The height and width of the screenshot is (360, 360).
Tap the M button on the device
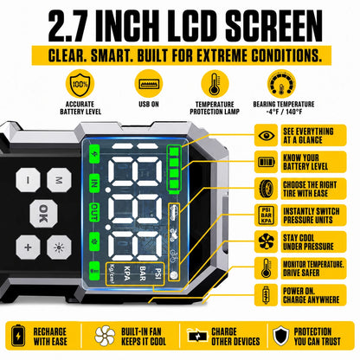59,180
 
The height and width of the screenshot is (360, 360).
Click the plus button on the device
28,247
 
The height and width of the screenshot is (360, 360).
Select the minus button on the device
28,180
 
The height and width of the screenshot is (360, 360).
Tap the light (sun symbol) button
59,247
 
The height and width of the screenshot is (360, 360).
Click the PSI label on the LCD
157,273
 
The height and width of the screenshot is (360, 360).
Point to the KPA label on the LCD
127,273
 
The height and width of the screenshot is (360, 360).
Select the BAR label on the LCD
143,273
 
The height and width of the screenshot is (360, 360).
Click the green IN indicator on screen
94,183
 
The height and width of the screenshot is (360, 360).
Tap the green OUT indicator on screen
94,212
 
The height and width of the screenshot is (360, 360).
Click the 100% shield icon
80,84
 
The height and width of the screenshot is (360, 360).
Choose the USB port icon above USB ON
149,84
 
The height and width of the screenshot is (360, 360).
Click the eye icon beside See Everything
266,135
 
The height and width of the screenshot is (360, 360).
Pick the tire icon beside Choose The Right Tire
266,189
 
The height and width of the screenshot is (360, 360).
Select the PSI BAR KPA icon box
266,215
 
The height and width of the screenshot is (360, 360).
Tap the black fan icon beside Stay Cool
266,241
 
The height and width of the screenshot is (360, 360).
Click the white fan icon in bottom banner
105,336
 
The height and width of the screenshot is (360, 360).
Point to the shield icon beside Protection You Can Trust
280,336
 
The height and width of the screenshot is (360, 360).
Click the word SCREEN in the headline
273,26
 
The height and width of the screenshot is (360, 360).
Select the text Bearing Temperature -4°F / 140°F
284,108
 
